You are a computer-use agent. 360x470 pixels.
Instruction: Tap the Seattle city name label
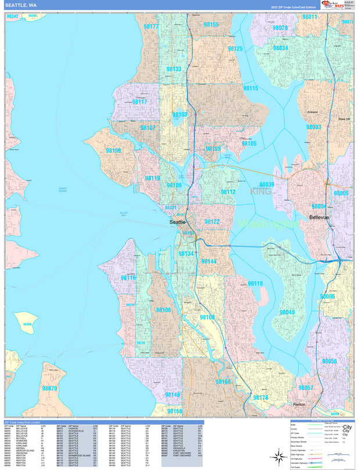pyautogui.click(x=178, y=222)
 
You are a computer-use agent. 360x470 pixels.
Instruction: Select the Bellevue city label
pyautogui.click(x=319, y=217)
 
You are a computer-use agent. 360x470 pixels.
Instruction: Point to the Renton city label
pyautogui.click(x=300, y=404)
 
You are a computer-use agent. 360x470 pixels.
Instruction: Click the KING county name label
pyautogui.click(x=261, y=191)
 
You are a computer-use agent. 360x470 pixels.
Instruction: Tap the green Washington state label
pyautogui.click(x=268, y=223)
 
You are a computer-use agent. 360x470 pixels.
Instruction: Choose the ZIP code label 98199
pyautogui.click(x=114, y=150)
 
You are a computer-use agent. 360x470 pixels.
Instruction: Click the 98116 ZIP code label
pyautogui.click(x=128, y=278)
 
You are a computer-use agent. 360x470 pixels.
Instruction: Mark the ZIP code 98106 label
pyautogui.click(x=163, y=310)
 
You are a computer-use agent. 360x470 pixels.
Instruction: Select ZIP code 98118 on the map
pyautogui.click(x=255, y=284)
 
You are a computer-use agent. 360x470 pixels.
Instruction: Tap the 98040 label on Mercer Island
pyautogui.click(x=287, y=312)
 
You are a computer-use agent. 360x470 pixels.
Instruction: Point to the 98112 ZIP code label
pyautogui.click(x=228, y=192)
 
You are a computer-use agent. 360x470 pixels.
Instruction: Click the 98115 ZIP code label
pyautogui.click(x=250, y=88)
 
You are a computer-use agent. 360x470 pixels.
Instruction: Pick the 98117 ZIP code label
pyautogui.click(x=139, y=102)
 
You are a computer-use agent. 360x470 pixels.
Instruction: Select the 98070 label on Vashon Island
pyautogui.click(x=49, y=388)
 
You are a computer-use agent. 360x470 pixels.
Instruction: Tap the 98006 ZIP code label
pyautogui.click(x=327, y=296)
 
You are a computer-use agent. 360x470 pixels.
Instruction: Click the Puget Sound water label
pyautogui.click(x=63, y=189)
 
